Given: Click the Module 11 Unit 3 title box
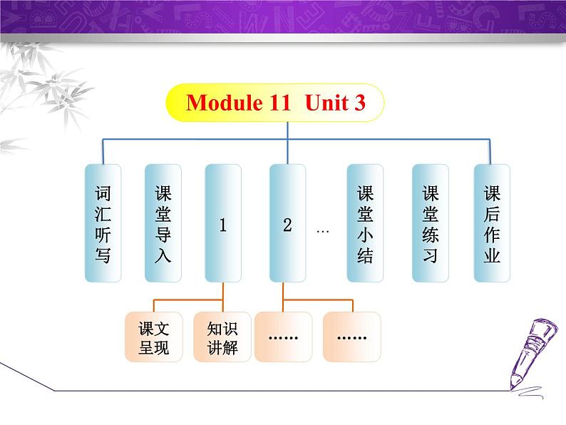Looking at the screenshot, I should (275, 103).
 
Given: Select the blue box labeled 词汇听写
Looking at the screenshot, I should (103, 223).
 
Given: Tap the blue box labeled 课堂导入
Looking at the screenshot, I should (163, 223).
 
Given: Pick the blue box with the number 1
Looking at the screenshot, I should (222, 223).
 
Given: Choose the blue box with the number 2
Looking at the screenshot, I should (287, 223).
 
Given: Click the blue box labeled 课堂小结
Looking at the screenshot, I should (365, 223).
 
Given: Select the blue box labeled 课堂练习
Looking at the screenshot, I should (431, 223).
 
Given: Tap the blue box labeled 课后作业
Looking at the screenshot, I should (492, 223).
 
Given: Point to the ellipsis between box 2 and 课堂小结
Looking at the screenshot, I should (322, 231).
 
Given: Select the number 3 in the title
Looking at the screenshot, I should (359, 103).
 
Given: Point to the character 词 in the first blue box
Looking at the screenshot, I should (103, 193).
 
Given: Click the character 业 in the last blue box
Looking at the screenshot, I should (492, 255).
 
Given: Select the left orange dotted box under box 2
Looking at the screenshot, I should (283, 337).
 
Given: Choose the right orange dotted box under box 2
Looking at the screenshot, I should (351, 337).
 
